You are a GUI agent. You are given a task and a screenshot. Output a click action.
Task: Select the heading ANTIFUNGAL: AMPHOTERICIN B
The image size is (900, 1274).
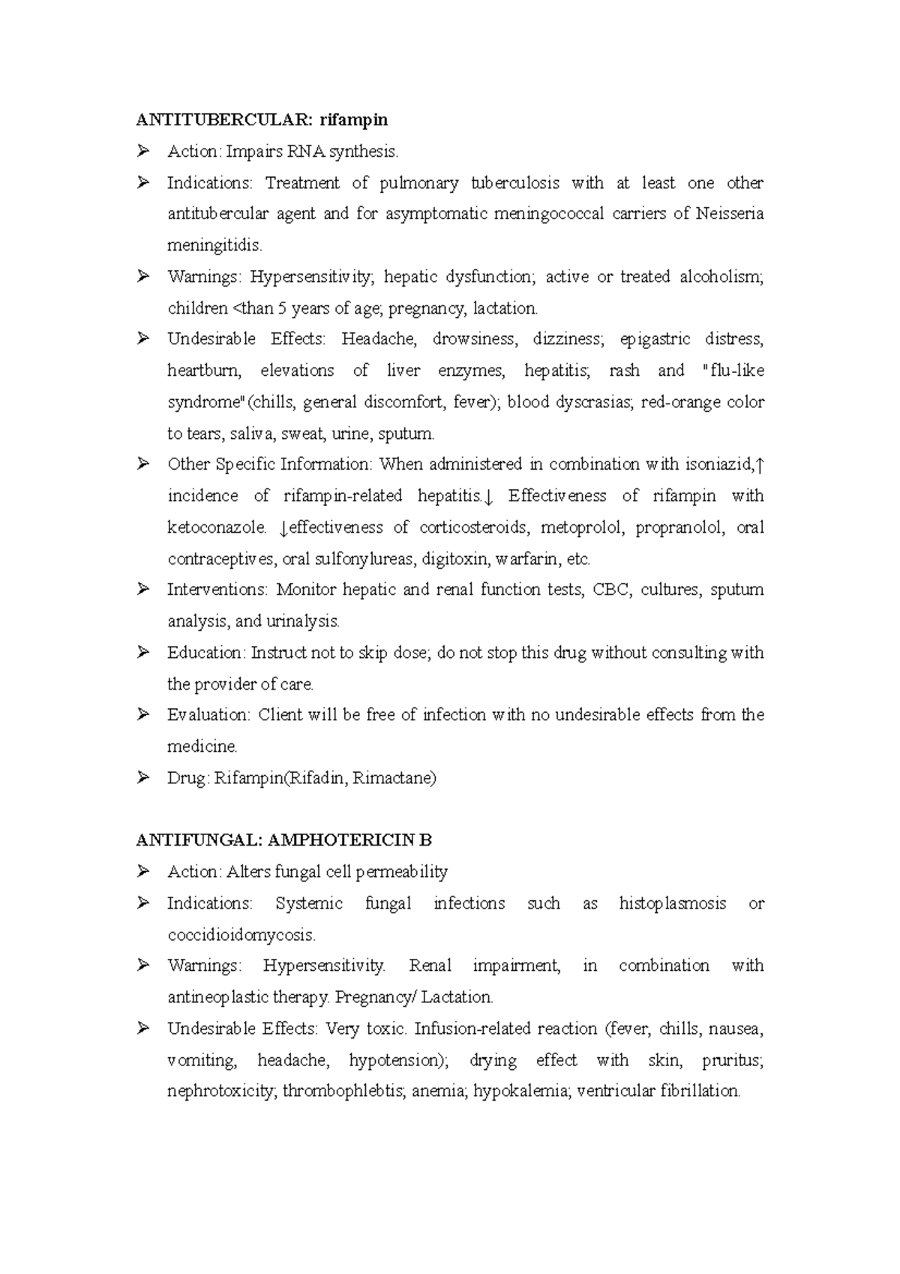284,840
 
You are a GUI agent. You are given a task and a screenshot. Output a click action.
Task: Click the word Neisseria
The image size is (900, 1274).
729,214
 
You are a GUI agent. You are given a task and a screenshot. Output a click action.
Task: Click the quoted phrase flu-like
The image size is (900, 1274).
731,371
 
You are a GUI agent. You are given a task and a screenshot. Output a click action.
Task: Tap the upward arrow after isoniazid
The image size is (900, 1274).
760,465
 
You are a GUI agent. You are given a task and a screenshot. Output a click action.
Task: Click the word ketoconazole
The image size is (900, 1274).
216,527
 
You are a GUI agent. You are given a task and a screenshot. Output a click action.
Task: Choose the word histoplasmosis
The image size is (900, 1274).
672,903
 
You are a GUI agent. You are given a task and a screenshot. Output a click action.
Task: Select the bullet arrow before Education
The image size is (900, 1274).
143,653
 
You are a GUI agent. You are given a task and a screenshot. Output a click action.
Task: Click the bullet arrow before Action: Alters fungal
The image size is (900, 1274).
143,872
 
